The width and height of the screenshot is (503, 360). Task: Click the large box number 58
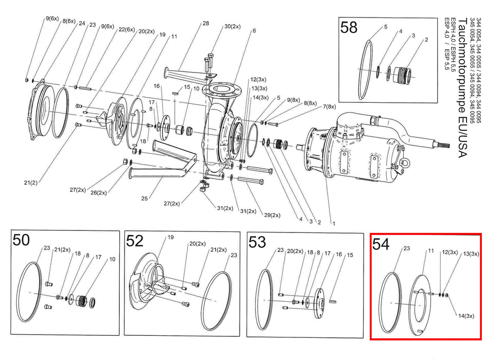pyautogui.click(x=349, y=27)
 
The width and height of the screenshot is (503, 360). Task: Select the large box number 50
pyautogui.click(x=21, y=240)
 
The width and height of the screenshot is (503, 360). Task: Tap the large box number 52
pyautogui.click(x=134, y=241)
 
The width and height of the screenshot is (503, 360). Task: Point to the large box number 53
pyautogui.click(x=257, y=242)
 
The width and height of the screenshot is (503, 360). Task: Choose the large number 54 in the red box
pyautogui.click(x=381, y=244)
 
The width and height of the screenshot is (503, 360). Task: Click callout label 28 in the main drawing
pyautogui.click(x=206, y=23)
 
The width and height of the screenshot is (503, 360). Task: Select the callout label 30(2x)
pyautogui.click(x=232, y=26)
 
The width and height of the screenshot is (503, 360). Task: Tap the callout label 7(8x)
pyautogui.click(x=329, y=106)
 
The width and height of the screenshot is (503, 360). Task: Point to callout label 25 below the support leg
pyautogui.click(x=145, y=199)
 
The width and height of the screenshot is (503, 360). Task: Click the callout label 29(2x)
pyautogui.click(x=272, y=215)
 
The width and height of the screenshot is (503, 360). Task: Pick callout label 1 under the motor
pyautogui.click(x=334, y=223)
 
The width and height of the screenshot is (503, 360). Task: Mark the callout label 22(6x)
pyautogui.click(x=127, y=29)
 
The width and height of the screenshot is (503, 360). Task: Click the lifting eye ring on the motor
pyautogui.click(x=405, y=163)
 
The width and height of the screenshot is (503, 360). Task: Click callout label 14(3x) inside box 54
pyautogui.click(x=466, y=316)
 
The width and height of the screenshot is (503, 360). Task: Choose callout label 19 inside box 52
pyautogui.click(x=170, y=237)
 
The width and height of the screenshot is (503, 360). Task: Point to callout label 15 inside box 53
pyautogui.click(x=350, y=255)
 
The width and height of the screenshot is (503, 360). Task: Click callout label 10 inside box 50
pyautogui.click(x=112, y=259)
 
